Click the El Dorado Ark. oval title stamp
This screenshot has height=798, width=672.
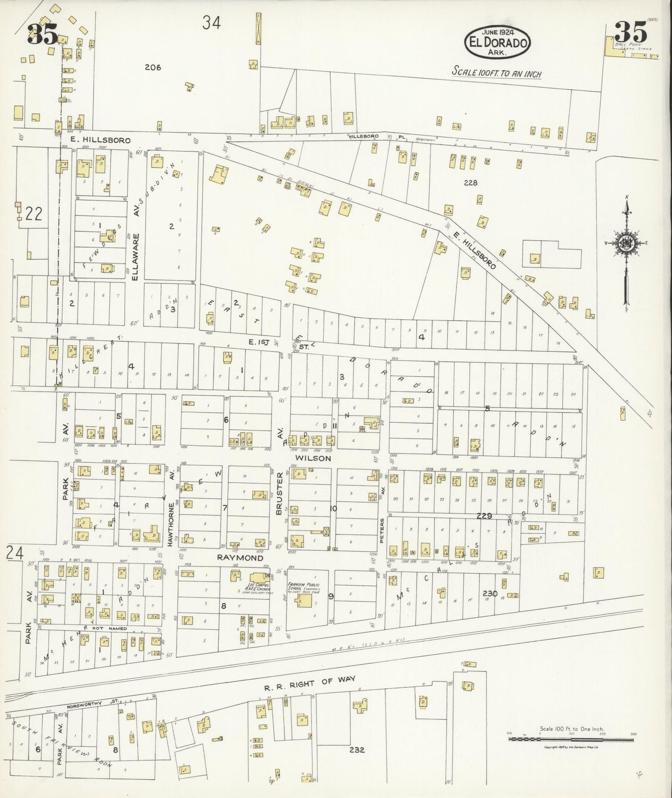point(497,41)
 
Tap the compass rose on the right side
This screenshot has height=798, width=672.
point(626,243)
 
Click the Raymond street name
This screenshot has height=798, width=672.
point(240,557)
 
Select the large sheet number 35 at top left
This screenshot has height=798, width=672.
point(42,34)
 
